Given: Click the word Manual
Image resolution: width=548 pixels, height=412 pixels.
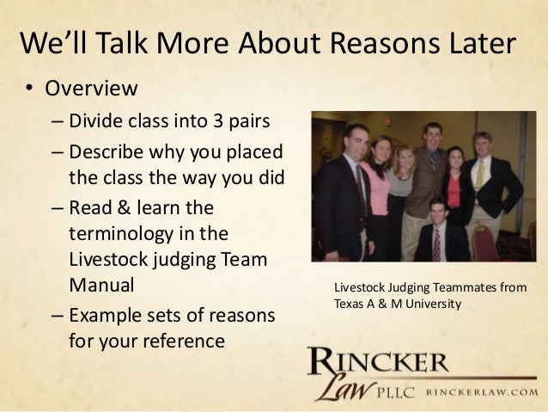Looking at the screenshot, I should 100,284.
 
